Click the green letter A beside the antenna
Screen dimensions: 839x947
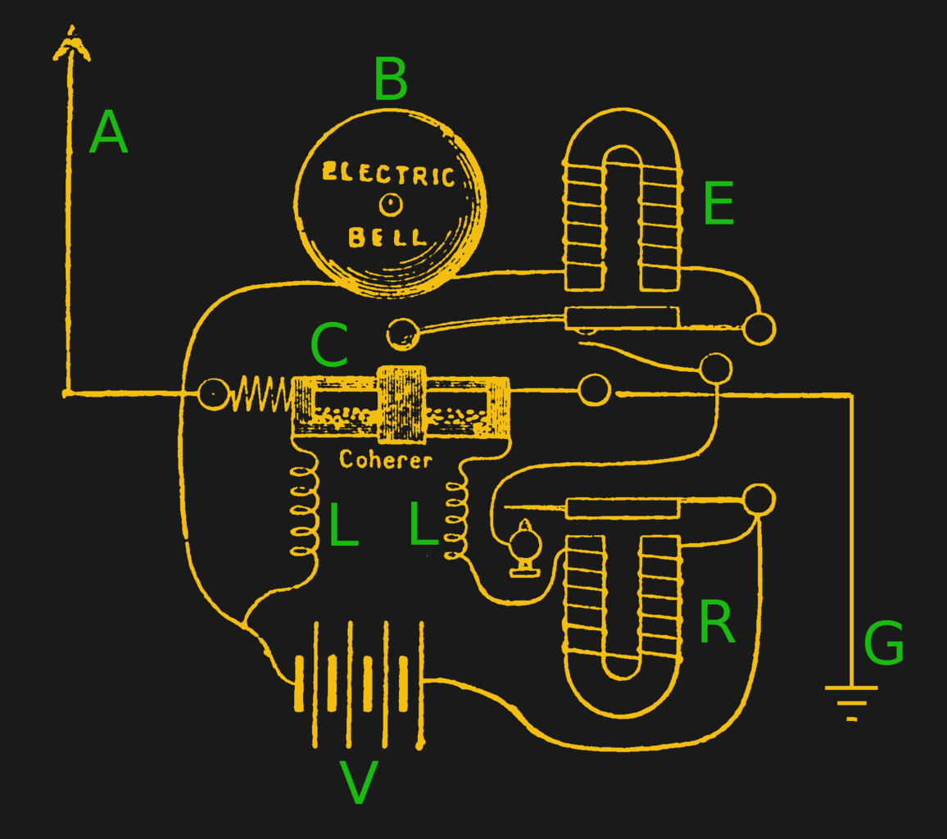(x=109, y=134)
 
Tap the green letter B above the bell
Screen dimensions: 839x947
(x=391, y=79)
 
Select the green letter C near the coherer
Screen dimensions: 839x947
(x=329, y=346)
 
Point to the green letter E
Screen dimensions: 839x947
(x=718, y=204)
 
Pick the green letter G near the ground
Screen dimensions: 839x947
(x=884, y=644)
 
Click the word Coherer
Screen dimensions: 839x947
(x=385, y=460)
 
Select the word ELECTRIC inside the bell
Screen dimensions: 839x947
(x=388, y=175)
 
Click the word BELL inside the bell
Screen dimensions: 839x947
(x=388, y=238)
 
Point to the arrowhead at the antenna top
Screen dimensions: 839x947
(x=72, y=45)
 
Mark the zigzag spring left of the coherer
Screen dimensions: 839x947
(x=261, y=393)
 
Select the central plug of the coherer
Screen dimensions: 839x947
(x=401, y=404)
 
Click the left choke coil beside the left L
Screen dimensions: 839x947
(x=304, y=512)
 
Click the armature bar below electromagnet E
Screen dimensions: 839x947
(x=622, y=318)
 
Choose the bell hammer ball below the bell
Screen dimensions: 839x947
(x=402, y=333)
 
